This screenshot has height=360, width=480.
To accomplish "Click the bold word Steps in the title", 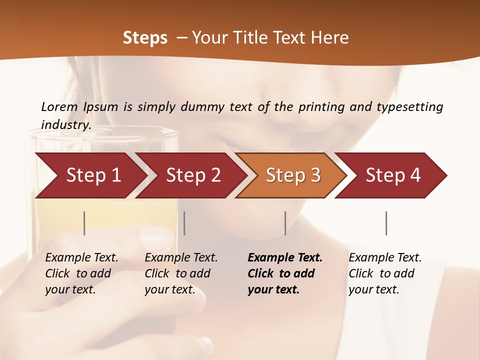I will click(x=145, y=38).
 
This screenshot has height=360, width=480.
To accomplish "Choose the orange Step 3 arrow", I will click(x=293, y=175).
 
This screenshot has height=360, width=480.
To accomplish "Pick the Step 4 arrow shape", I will click(x=393, y=175).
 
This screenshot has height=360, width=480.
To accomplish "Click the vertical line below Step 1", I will click(x=84, y=223).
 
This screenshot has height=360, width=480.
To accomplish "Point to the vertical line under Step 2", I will click(x=184, y=223).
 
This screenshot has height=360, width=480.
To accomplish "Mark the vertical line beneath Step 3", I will click(x=285, y=223).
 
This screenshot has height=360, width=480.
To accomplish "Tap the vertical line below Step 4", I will click(x=386, y=223).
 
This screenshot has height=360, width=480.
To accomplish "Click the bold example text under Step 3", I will click(x=285, y=273).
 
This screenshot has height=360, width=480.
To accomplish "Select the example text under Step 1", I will click(x=81, y=273).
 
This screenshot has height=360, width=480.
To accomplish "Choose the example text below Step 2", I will click(x=181, y=273).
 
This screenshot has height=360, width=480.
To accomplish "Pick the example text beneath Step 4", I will click(x=385, y=273).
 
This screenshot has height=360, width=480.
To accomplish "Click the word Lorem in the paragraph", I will click(x=59, y=106).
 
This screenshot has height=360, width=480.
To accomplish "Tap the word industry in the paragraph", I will click(x=65, y=124).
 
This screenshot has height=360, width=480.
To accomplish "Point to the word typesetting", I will click(x=409, y=107).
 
